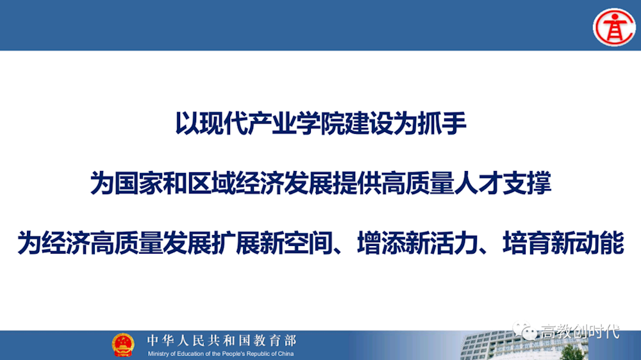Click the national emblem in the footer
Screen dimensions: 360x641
[123, 345]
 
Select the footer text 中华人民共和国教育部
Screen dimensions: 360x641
[221, 340]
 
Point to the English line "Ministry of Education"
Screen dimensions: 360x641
[221, 354]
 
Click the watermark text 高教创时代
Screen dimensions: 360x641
[580, 332]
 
